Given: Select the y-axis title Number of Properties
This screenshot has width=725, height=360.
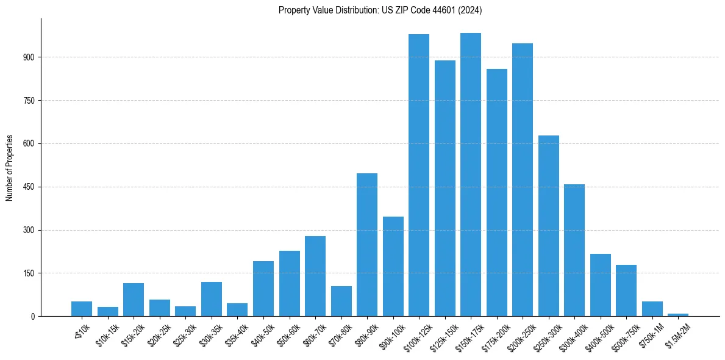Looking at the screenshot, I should coord(10,168).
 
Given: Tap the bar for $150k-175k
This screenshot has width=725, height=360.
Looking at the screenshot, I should coord(471,175).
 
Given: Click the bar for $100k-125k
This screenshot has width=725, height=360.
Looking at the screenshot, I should coord(419,175).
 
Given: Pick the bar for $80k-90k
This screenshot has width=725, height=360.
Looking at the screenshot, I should coord(367,245).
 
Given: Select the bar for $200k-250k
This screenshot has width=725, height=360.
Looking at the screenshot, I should coord(523,180).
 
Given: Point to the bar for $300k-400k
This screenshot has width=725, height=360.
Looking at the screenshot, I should coord(574,250).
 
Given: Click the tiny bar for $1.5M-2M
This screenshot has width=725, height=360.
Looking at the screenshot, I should coord(678,315).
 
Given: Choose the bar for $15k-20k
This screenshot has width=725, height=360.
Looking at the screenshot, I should coord(134,300).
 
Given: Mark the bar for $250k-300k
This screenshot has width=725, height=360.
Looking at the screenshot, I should coord(549,226).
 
